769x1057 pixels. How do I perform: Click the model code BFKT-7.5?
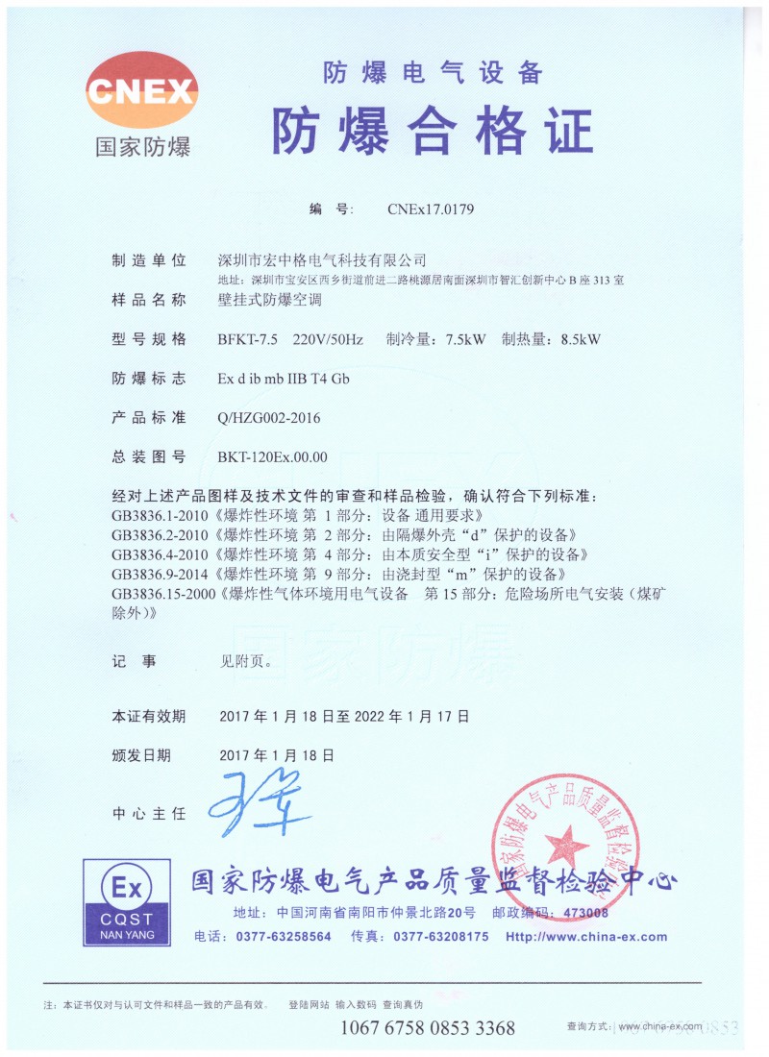[x=248, y=339]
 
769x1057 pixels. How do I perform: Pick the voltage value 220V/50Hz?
[x=328, y=339]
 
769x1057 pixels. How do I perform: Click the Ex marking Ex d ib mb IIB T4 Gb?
[x=284, y=379]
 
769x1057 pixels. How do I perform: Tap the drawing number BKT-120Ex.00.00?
[x=273, y=457]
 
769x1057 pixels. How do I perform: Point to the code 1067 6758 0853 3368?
[x=428, y=1028]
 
